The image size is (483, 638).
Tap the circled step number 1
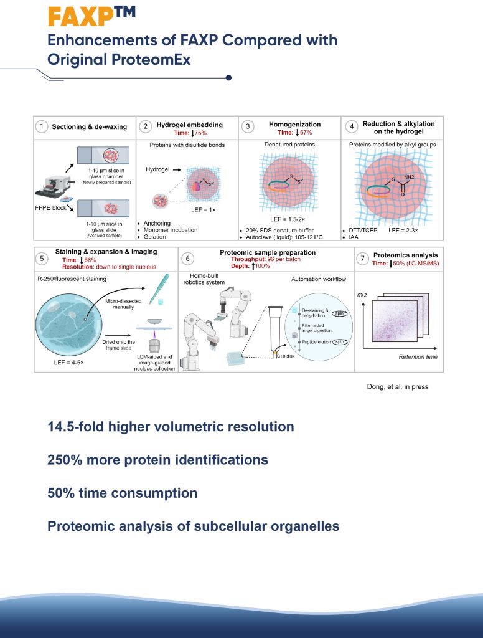click(x=42, y=127)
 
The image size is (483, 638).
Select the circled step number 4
click(x=352, y=127)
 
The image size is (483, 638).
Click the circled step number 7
click(x=362, y=258)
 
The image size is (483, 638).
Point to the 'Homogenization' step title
click(x=295, y=124)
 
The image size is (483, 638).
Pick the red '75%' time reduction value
click(x=200, y=133)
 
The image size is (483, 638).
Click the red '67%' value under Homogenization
click(x=305, y=133)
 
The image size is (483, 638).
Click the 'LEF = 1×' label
click(x=204, y=210)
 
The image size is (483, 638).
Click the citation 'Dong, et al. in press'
click(x=397, y=387)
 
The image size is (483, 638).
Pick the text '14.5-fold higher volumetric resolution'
click(x=171, y=427)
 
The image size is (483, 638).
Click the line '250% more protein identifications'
click(x=157, y=460)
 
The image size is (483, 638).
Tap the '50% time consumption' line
click(x=122, y=493)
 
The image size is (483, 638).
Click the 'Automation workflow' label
click(x=319, y=279)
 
